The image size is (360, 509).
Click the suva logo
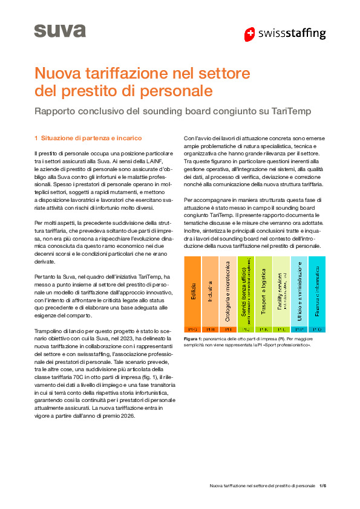tap(59, 31)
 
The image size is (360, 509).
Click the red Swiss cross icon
tap(249, 34)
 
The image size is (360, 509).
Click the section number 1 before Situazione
tap(36, 137)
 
